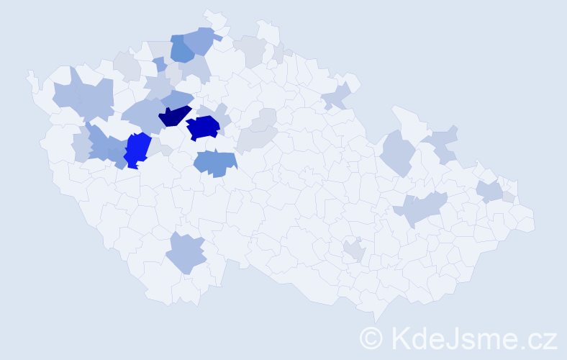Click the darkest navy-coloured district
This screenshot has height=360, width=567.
pos(175,116)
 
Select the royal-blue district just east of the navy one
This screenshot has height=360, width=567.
pos(203,127)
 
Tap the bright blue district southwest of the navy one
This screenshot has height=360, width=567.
pos(137,149)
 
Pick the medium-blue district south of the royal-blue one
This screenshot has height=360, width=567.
pos(215,163)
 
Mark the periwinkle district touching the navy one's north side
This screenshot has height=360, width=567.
pos(177,99)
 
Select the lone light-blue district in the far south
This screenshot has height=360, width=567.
pos(186,253)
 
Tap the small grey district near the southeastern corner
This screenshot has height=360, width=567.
pos(354,250)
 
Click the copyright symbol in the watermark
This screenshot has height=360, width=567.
pos(371,337)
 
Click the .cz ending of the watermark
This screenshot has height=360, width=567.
pos(540,337)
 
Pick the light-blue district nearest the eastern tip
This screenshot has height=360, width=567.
pos(490,191)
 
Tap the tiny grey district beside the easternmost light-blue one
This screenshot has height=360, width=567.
pos(509,197)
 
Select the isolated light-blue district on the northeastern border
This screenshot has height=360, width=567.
pos(337,95)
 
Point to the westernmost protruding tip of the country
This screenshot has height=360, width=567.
pos(28,74)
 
